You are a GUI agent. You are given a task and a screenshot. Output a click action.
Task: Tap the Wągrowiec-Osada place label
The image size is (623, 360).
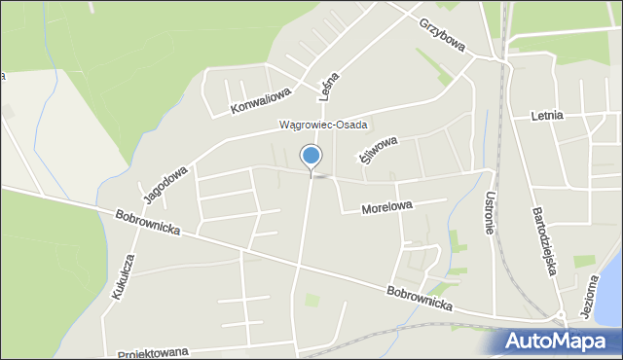coord(322,125)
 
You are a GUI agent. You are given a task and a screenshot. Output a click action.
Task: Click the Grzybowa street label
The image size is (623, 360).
coord(443,35)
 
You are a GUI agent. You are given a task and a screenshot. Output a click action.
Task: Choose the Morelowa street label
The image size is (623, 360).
coord(387,206)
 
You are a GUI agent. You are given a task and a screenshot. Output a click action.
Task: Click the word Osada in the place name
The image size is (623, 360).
coord(347,125)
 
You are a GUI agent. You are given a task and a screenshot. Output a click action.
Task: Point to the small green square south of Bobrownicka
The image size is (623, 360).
coord(312,301)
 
